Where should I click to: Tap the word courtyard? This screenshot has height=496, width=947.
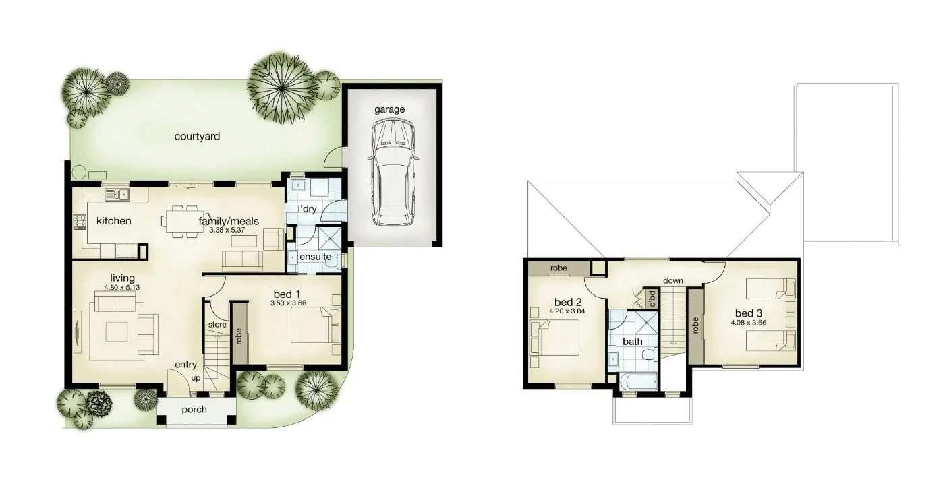click(197, 137)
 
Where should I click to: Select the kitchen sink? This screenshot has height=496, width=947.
click(117, 195)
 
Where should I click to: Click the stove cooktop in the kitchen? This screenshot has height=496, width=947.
click(79, 220)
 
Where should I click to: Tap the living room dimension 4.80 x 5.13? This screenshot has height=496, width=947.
click(122, 287)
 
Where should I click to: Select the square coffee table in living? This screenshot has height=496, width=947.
click(117, 332)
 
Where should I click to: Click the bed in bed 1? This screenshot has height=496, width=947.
click(311, 325)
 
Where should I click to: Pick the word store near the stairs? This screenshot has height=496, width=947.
click(217, 325)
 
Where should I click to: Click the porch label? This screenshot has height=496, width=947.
click(194, 410)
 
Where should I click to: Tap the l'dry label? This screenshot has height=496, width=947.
click(306, 209)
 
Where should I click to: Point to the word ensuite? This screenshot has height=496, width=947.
click(315, 257)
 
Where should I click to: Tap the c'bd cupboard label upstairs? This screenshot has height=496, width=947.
click(652, 298)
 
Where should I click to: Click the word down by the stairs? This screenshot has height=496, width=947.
click(673, 280)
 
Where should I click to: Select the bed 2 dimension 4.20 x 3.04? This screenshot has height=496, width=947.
click(568, 311)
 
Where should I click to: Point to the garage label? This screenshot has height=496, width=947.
click(390, 109)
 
